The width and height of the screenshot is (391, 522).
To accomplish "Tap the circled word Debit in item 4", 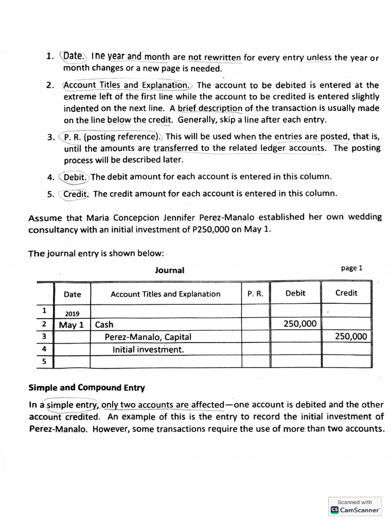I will click(x=76, y=177).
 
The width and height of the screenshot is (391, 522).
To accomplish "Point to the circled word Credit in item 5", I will click(x=76, y=194).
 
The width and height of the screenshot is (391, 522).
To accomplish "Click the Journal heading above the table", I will click(x=170, y=270).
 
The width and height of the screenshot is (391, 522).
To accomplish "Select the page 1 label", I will click(x=352, y=268).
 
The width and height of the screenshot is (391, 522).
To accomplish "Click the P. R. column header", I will click(x=255, y=294).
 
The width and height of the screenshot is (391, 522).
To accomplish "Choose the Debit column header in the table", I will click(x=295, y=293).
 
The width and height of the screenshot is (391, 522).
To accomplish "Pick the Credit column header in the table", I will click(x=346, y=293).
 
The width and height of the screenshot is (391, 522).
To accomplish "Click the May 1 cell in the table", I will click(x=72, y=324).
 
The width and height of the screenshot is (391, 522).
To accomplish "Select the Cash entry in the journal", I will click(x=104, y=324).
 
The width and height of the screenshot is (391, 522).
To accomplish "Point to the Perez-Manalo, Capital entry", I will click(x=148, y=337).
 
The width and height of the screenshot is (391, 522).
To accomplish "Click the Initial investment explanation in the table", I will click(x=148, y=349).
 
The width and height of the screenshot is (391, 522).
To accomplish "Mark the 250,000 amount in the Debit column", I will click(x=300, y=324).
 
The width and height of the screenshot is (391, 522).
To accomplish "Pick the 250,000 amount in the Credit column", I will click(x=350, y=336).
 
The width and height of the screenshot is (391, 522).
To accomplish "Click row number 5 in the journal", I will click(x=44, y=361).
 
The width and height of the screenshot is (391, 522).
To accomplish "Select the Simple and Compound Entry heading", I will click(x=86, y=387).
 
